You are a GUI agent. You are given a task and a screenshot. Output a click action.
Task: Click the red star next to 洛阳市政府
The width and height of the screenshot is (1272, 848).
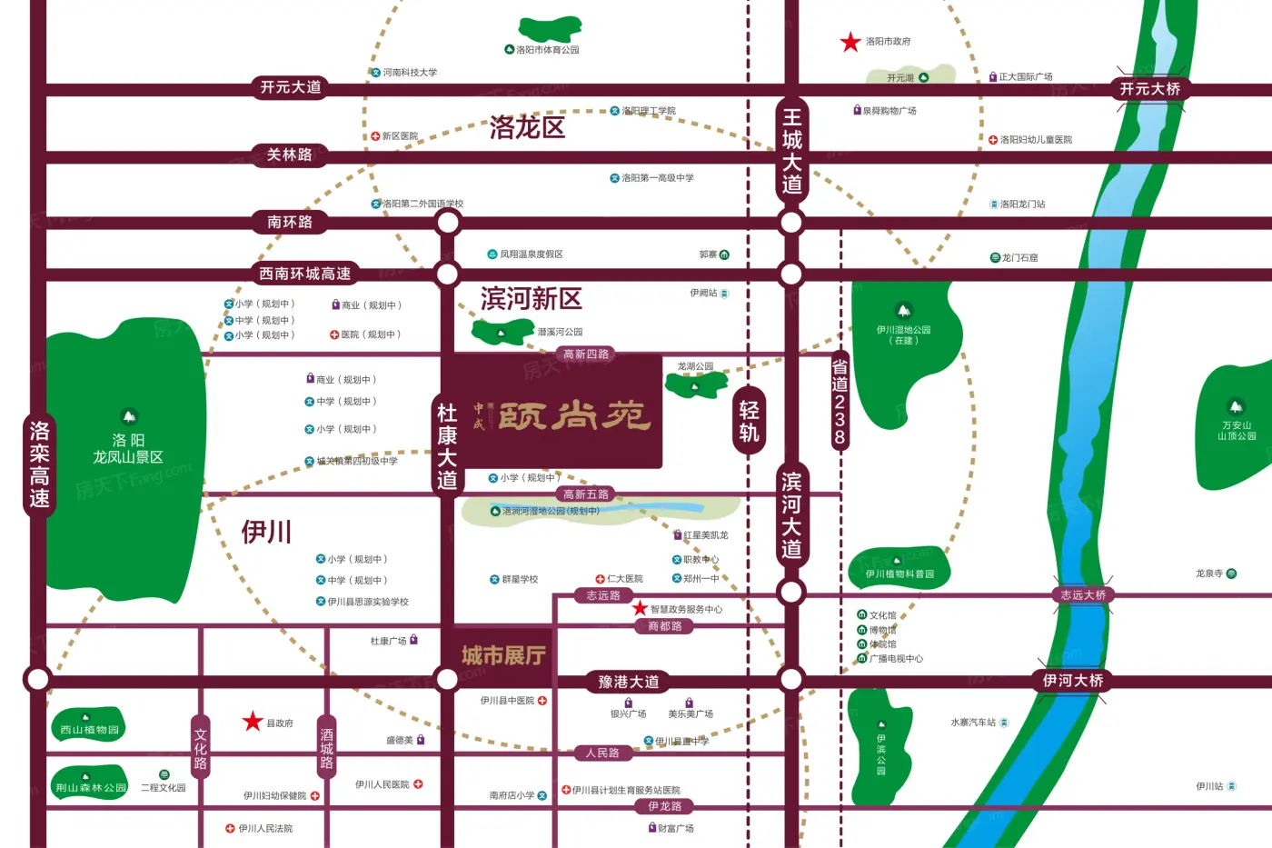(850, 42)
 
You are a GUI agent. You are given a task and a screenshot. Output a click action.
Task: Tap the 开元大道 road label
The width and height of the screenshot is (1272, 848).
(291, 87)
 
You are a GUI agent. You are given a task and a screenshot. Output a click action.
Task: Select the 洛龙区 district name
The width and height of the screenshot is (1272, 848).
(527, 127)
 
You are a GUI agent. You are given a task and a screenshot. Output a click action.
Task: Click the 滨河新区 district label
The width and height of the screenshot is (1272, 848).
(532, 298)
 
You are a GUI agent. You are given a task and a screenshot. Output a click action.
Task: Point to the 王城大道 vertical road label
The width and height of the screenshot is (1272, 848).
(791, 151)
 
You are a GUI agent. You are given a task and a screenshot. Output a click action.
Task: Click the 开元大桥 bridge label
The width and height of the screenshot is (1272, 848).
(1149, 89)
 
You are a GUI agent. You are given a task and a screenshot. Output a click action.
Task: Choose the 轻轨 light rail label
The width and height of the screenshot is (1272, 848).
(749, 421)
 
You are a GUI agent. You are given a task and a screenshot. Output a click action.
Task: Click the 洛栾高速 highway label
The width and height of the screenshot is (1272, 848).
(39, 464)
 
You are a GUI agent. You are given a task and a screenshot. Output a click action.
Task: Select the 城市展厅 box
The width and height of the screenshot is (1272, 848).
(503, 655)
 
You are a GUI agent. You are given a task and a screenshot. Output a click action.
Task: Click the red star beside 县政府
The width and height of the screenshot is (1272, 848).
(253, 722)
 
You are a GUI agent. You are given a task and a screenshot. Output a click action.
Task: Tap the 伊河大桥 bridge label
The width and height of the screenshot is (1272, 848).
(1073, 681)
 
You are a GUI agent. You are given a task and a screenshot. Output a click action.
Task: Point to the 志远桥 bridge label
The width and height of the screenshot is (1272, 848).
(1083, 595)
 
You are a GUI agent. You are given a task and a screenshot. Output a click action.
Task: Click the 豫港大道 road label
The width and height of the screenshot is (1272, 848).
(628, 682)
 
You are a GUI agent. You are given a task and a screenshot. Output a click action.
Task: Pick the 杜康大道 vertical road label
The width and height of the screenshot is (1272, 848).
(447, 446)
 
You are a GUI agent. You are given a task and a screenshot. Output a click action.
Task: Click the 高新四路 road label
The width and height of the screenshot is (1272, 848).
(586, 354)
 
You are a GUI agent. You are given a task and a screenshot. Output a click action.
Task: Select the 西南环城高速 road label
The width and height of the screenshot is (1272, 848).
(305, 274)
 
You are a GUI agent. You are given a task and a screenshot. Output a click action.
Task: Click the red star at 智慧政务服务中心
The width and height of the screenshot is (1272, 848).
(640, 609)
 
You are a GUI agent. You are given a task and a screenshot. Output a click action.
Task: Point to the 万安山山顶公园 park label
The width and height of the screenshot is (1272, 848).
(1237, 431)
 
